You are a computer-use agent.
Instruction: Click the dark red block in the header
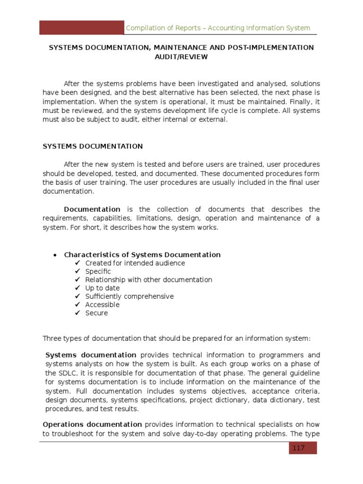pyautogui.click(x=81, y=27)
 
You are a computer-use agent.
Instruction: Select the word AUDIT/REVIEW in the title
pyautogui.click(x=181, y=57)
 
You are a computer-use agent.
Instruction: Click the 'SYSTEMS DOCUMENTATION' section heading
pyautogui.click(x=93, y=147)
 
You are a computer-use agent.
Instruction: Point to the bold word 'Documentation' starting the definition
pyautogui.click(x=92, y=209)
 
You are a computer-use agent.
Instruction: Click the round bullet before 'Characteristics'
pyautogui.click(x=55, y=255)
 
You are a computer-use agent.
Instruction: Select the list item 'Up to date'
pyautogui.click(x=102, y=288)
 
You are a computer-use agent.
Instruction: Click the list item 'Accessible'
pyautogui.click(x=102, y=304)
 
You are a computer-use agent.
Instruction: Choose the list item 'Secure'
pyautogui.click(x=96, y=313)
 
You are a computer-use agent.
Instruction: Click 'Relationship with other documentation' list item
pyautogui.click(x=148, y=280)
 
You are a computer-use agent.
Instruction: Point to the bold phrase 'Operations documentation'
pyautogui.click(x=92, y=424)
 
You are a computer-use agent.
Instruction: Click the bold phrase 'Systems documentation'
pyautogui.click(x=91, y=355)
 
